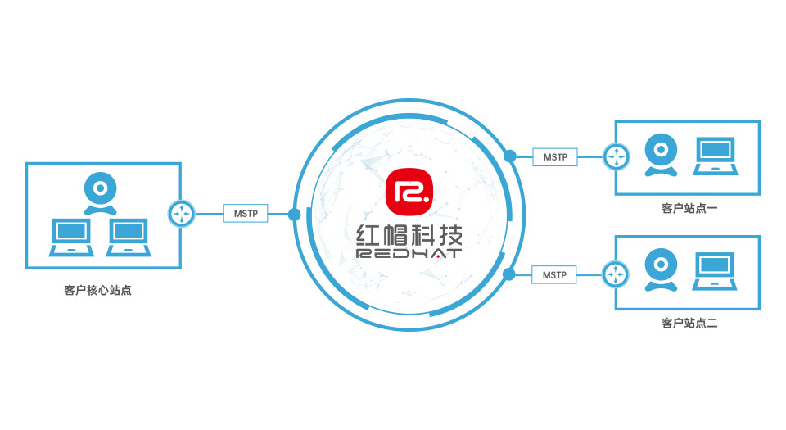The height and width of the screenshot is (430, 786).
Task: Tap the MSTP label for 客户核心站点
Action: click(x=246, y=215)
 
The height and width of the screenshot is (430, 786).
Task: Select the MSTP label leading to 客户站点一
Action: click(x=555, y=156)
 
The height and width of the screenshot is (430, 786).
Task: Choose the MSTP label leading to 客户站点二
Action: click(x=555, y=274)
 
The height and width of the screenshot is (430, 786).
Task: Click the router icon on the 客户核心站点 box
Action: click(x=180, y=215)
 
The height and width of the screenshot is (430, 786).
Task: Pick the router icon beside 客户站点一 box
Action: click(x=615, y=156)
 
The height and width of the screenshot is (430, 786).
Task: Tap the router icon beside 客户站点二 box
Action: click(x=615, y=274)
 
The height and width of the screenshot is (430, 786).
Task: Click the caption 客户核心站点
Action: click(x=97, y=290)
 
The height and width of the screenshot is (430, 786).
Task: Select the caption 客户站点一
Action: click(x=689, y=210)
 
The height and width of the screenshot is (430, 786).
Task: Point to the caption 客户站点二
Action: click(x=689, y=324)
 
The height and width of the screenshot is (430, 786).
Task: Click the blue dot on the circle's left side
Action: click(x=295, y=215)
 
